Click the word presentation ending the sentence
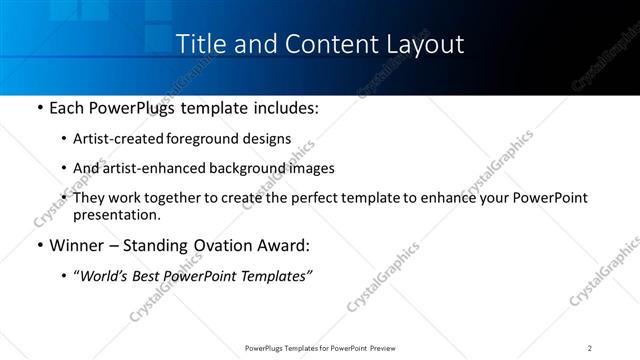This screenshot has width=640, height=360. tap(115, 214)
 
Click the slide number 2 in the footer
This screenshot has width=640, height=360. tap(590, 348)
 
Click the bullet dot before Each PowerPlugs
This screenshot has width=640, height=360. tap(38, 107)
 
